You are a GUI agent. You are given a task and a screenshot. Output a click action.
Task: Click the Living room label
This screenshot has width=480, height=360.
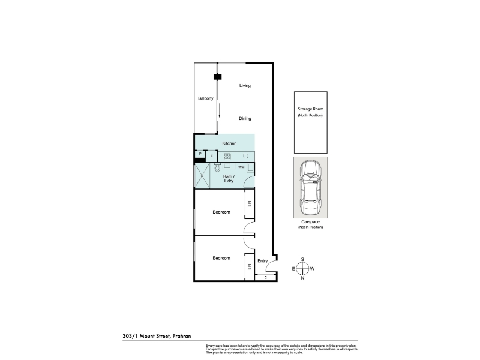(x=245, y=86)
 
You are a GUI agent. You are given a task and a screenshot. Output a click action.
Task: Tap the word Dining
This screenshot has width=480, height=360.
(x=245, y=118)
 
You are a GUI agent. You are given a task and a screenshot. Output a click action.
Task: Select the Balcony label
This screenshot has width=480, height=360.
(x=206, y=98)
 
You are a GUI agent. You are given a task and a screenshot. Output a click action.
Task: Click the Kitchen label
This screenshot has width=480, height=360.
(x=229, y=143)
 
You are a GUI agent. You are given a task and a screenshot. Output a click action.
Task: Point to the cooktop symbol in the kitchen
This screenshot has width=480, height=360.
(x=227, y=157)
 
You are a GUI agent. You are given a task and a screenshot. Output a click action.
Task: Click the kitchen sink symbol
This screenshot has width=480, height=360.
(x=245, y=156)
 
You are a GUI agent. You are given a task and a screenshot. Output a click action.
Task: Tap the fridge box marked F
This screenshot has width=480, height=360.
(x=212, y=156)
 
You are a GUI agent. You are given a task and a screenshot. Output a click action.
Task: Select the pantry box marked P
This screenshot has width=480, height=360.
(x=200, y=154)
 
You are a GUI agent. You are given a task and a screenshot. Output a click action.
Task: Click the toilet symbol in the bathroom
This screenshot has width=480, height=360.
(x=217, y=168)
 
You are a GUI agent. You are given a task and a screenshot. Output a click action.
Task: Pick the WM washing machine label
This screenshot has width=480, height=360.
(x=241, y=167)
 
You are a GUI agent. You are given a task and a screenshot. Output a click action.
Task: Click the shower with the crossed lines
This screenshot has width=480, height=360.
(x=202, y=176)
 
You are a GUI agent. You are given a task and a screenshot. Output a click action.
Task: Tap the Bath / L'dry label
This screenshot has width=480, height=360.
(x=229, y=178)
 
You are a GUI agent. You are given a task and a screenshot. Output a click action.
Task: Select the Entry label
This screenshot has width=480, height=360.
(x=262, y=261)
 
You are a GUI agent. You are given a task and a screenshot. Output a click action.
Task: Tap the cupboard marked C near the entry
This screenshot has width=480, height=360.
(x=266, y=277)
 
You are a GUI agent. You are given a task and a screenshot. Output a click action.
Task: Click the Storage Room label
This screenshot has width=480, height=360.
(x=310, y=109)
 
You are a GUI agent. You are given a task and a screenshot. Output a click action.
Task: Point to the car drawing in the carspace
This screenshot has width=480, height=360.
(x=310, y=187)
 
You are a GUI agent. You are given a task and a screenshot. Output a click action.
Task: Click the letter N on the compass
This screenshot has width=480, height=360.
(x=302, y=278)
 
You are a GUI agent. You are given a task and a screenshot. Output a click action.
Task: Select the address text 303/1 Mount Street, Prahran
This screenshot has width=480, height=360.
(x=157, y=336)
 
